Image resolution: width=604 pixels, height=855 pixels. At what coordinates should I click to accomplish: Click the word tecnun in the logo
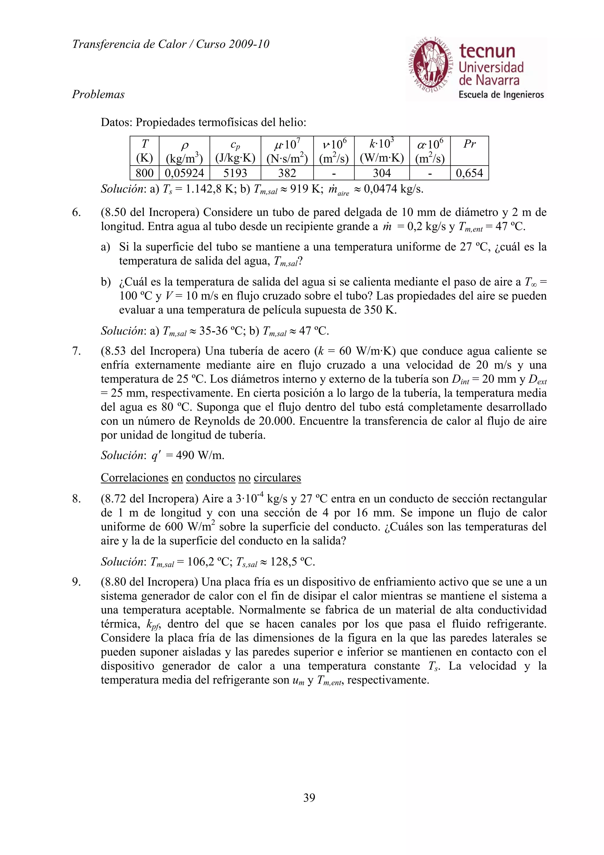click(x=487, y=51)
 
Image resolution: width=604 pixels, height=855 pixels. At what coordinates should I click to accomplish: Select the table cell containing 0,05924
click(x=184, y=173)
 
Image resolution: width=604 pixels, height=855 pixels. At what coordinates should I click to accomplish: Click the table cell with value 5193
click(x=235, y=173)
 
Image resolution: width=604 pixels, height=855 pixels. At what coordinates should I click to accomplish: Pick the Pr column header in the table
click(x=469, y=144)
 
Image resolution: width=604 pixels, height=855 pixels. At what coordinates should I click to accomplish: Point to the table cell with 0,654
click(x=469, y=173)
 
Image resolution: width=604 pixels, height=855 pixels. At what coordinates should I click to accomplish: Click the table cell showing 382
click(x=287, y=173)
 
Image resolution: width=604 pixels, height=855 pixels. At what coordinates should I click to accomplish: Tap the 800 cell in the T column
click(x=145, y=173)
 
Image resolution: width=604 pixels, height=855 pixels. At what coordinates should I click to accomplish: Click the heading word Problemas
click(x=98, y=94)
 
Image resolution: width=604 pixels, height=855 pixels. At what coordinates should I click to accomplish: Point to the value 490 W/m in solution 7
click(x=200, y=455)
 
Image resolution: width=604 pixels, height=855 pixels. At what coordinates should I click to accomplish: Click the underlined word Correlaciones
click(x=134, y=477)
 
